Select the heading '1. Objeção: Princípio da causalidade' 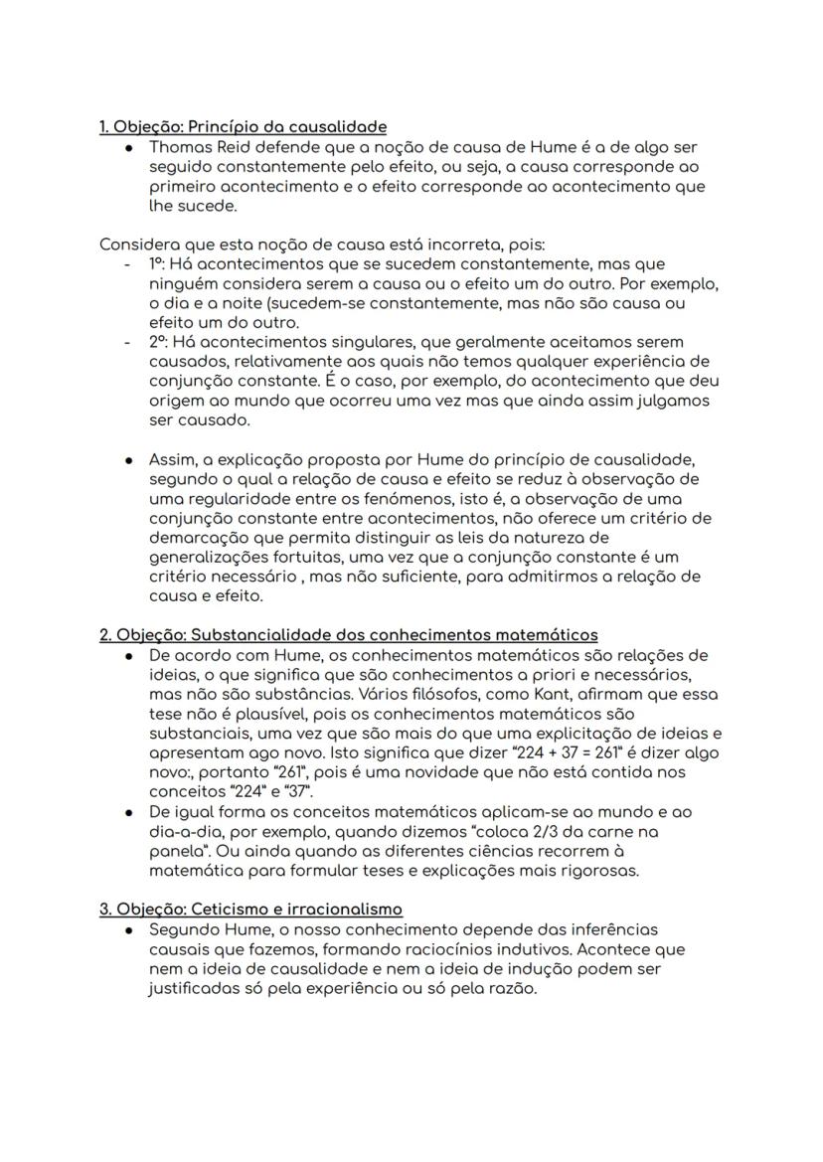(x=244, y=126)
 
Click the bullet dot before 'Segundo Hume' (x=129, y=929)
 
